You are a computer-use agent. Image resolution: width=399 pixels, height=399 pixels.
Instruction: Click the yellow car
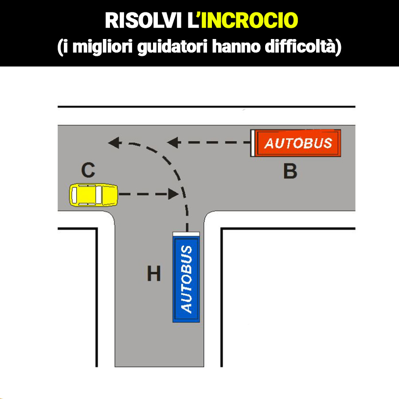pos(94,195)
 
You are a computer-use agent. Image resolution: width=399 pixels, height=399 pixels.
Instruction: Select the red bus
pos(296,143)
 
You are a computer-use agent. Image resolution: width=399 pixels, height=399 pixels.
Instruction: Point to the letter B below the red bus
pos(290,172)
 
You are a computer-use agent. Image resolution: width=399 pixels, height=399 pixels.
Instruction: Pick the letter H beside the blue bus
pos(154,274)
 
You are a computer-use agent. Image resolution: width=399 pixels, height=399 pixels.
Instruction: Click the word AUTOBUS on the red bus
pos(298,143)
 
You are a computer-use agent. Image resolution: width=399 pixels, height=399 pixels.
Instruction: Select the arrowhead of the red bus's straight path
pos(172,143)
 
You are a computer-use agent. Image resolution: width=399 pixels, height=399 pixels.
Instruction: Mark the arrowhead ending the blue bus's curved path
pos(114,143)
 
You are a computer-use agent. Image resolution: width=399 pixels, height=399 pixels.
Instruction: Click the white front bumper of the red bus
pos(253,143)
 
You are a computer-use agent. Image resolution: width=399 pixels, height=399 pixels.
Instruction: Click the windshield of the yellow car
pos(106,195)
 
